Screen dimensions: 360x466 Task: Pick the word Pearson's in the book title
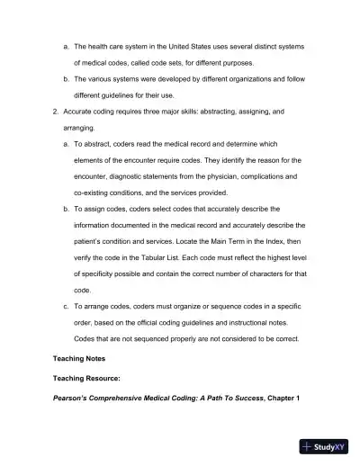coord(76,398)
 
